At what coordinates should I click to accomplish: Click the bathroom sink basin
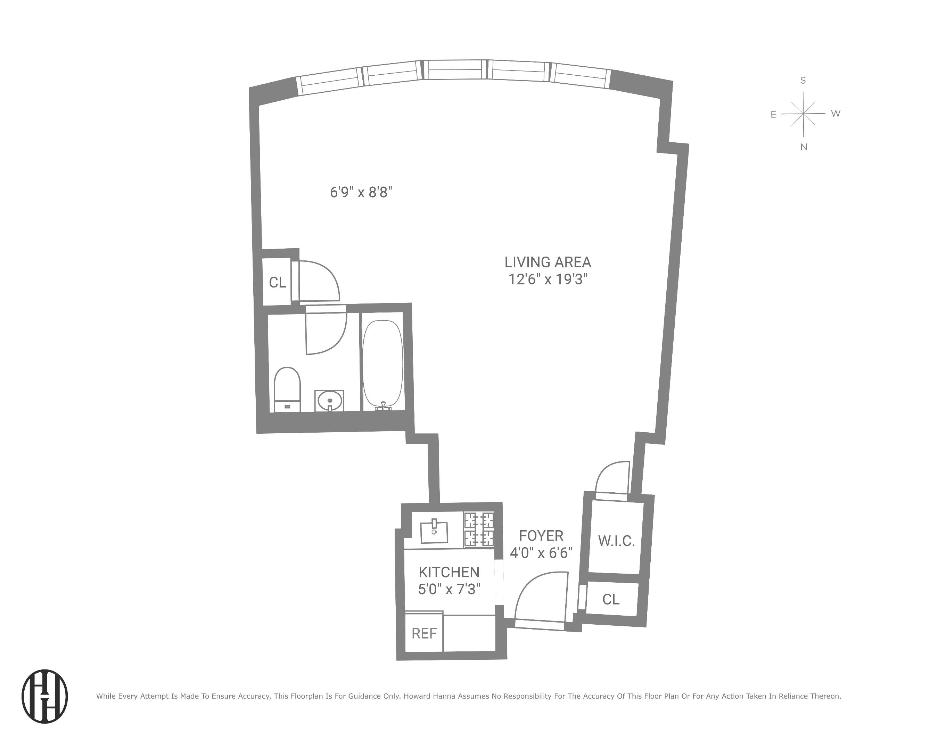(x=329, y=400)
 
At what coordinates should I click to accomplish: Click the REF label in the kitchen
(x=424, y=633)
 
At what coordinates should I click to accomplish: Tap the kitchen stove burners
(x=479, y=529)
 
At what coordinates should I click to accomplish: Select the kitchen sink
(x=434, y=532)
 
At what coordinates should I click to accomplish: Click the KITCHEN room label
(x=449, y=572)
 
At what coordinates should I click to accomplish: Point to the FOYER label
(x=541, y=536)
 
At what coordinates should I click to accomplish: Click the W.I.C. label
(x=616, y=541)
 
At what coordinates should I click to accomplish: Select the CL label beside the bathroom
(x=277, y=283)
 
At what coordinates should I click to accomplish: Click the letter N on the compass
(x=804, y=147)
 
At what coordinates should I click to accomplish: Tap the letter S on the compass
(x=803, y=81)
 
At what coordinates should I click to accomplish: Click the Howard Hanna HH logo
(x=45, y=696)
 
